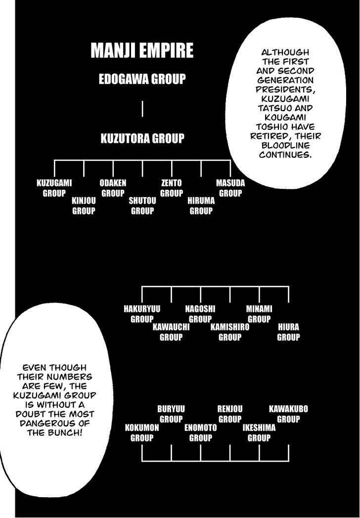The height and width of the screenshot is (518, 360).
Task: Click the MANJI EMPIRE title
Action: [142, 50]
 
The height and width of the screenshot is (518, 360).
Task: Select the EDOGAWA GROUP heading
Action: [142, 79]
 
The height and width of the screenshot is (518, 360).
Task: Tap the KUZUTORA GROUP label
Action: [142, 138]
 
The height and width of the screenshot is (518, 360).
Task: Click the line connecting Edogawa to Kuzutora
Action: [142, 109]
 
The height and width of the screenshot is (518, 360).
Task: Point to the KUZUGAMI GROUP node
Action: [54, 188]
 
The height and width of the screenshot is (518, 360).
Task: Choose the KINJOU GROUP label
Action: [84, 206]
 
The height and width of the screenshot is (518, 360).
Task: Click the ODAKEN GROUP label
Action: [113, 188]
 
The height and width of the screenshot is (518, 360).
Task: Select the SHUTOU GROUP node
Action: [142, 206]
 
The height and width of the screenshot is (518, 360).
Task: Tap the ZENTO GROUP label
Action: [171, 188]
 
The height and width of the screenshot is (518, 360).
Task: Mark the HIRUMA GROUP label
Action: [201, 206]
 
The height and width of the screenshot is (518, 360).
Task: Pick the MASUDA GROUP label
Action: [230, 188]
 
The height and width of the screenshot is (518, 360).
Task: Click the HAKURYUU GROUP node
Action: [142, 314]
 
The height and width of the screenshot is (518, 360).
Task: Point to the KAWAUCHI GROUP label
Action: [171, 332]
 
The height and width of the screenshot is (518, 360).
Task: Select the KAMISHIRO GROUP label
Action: [230, 332]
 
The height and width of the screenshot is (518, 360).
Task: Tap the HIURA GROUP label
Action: [289, 332]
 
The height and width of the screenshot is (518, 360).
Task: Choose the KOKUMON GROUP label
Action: [142, 433]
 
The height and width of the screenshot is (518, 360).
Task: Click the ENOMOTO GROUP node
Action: [201, 433]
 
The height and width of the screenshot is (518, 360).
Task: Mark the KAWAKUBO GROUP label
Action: [288, 414]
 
